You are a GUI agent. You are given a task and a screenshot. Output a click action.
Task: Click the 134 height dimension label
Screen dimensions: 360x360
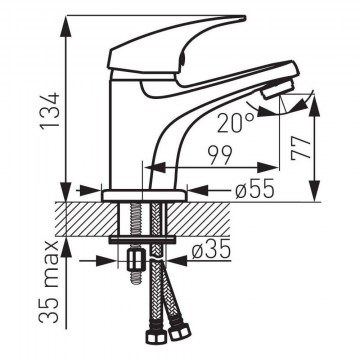click(x=50, y=110)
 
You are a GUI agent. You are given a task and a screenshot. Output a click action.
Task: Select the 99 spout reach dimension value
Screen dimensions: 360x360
click(x=220, y=155)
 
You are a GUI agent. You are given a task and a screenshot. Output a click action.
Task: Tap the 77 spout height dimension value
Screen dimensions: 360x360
click(x=301, y=148)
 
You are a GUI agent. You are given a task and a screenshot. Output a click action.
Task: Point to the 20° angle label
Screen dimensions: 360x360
click(x=236, y=123)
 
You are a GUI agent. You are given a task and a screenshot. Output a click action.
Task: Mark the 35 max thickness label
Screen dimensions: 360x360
click(x=49, y=282)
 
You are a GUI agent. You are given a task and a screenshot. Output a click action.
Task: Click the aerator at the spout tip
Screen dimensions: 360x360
click(x=277, y=89)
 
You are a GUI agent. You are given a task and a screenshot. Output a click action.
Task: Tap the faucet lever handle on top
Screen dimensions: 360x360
click(x=177, y=50)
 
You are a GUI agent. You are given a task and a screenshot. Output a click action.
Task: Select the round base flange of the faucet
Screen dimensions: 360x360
click(x=144, y=195)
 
